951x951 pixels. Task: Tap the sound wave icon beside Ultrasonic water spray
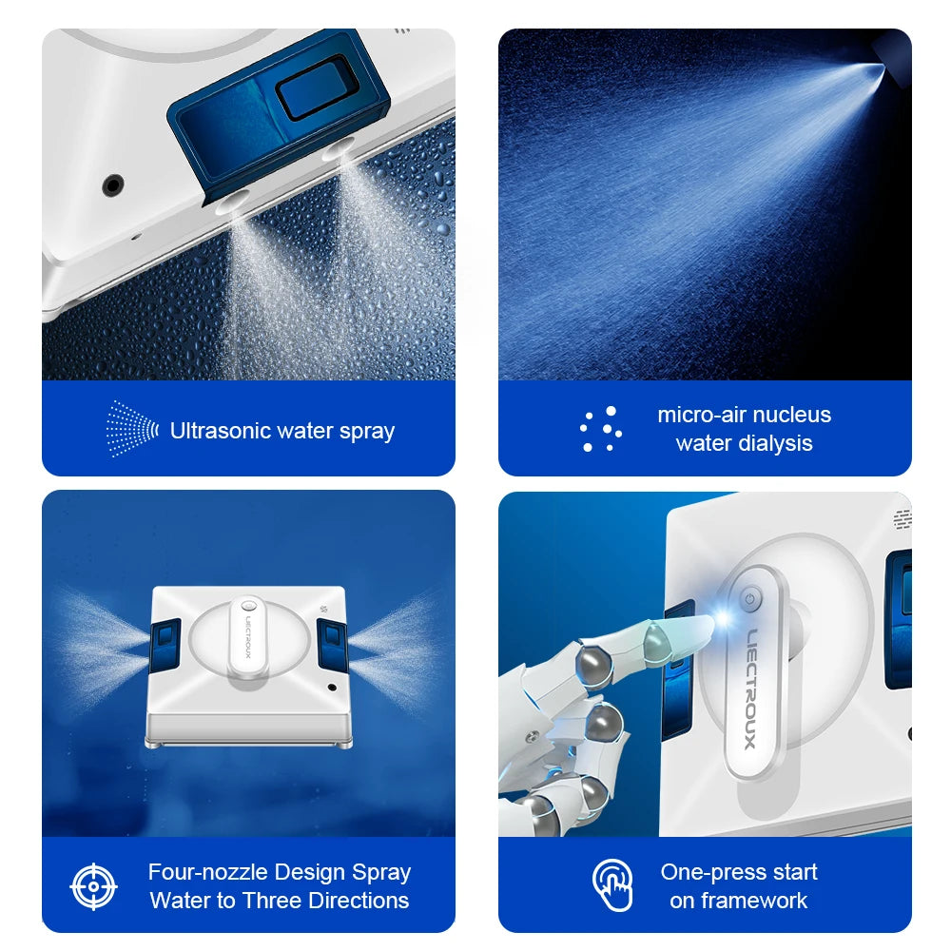[x=132, y=429]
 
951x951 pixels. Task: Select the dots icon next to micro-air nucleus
[x=601, y=429]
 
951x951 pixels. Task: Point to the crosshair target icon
[x=93, y=886]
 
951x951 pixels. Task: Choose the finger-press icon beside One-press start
[x=612, y=885]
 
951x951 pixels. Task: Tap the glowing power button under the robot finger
[x=750, y=600]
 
